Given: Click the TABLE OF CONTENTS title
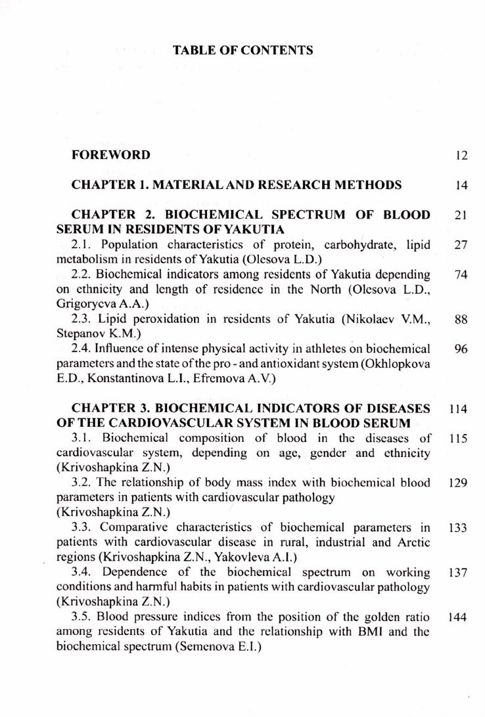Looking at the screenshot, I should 242,50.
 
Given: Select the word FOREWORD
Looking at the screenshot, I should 111,155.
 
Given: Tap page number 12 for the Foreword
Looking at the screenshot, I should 461,156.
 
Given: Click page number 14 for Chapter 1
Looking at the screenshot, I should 461,185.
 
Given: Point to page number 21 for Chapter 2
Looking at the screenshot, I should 460,215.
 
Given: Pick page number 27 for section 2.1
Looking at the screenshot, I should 460,245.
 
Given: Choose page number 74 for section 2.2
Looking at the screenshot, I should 460,274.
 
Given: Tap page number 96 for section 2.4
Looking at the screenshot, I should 460,349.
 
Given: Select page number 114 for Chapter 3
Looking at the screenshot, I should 458,408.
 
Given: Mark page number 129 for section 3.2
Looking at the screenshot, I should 457,483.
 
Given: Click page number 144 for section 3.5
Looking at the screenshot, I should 457,617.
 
